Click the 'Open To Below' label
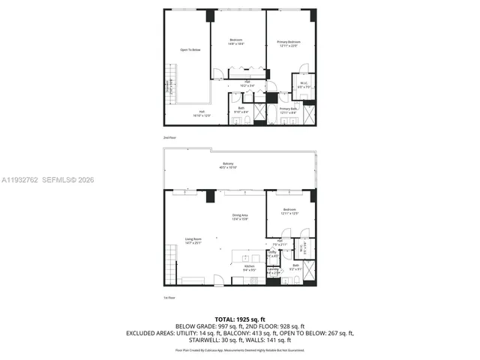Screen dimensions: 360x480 [x=190, y=50]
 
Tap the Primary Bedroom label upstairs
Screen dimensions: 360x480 [x=289, y=43]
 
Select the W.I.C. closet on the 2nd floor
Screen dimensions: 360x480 [x=304, y=85]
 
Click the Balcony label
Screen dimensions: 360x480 [x=228, y=166]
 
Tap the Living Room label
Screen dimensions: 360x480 [x=194, y=241]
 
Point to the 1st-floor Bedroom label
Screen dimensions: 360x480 [x=289, y=211]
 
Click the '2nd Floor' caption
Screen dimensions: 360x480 [x=169, y=139]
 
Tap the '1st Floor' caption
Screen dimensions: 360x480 [x=169, y=298]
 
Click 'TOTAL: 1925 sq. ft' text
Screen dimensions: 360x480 [x=240, y=319]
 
